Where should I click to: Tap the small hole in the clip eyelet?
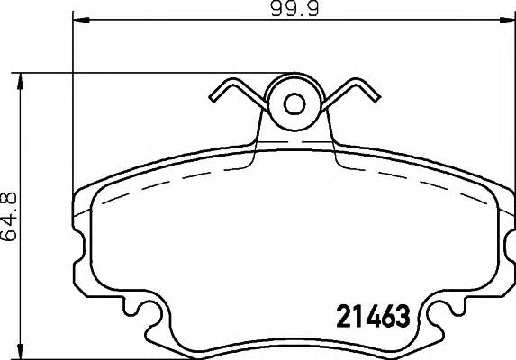(x=294, y=104)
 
